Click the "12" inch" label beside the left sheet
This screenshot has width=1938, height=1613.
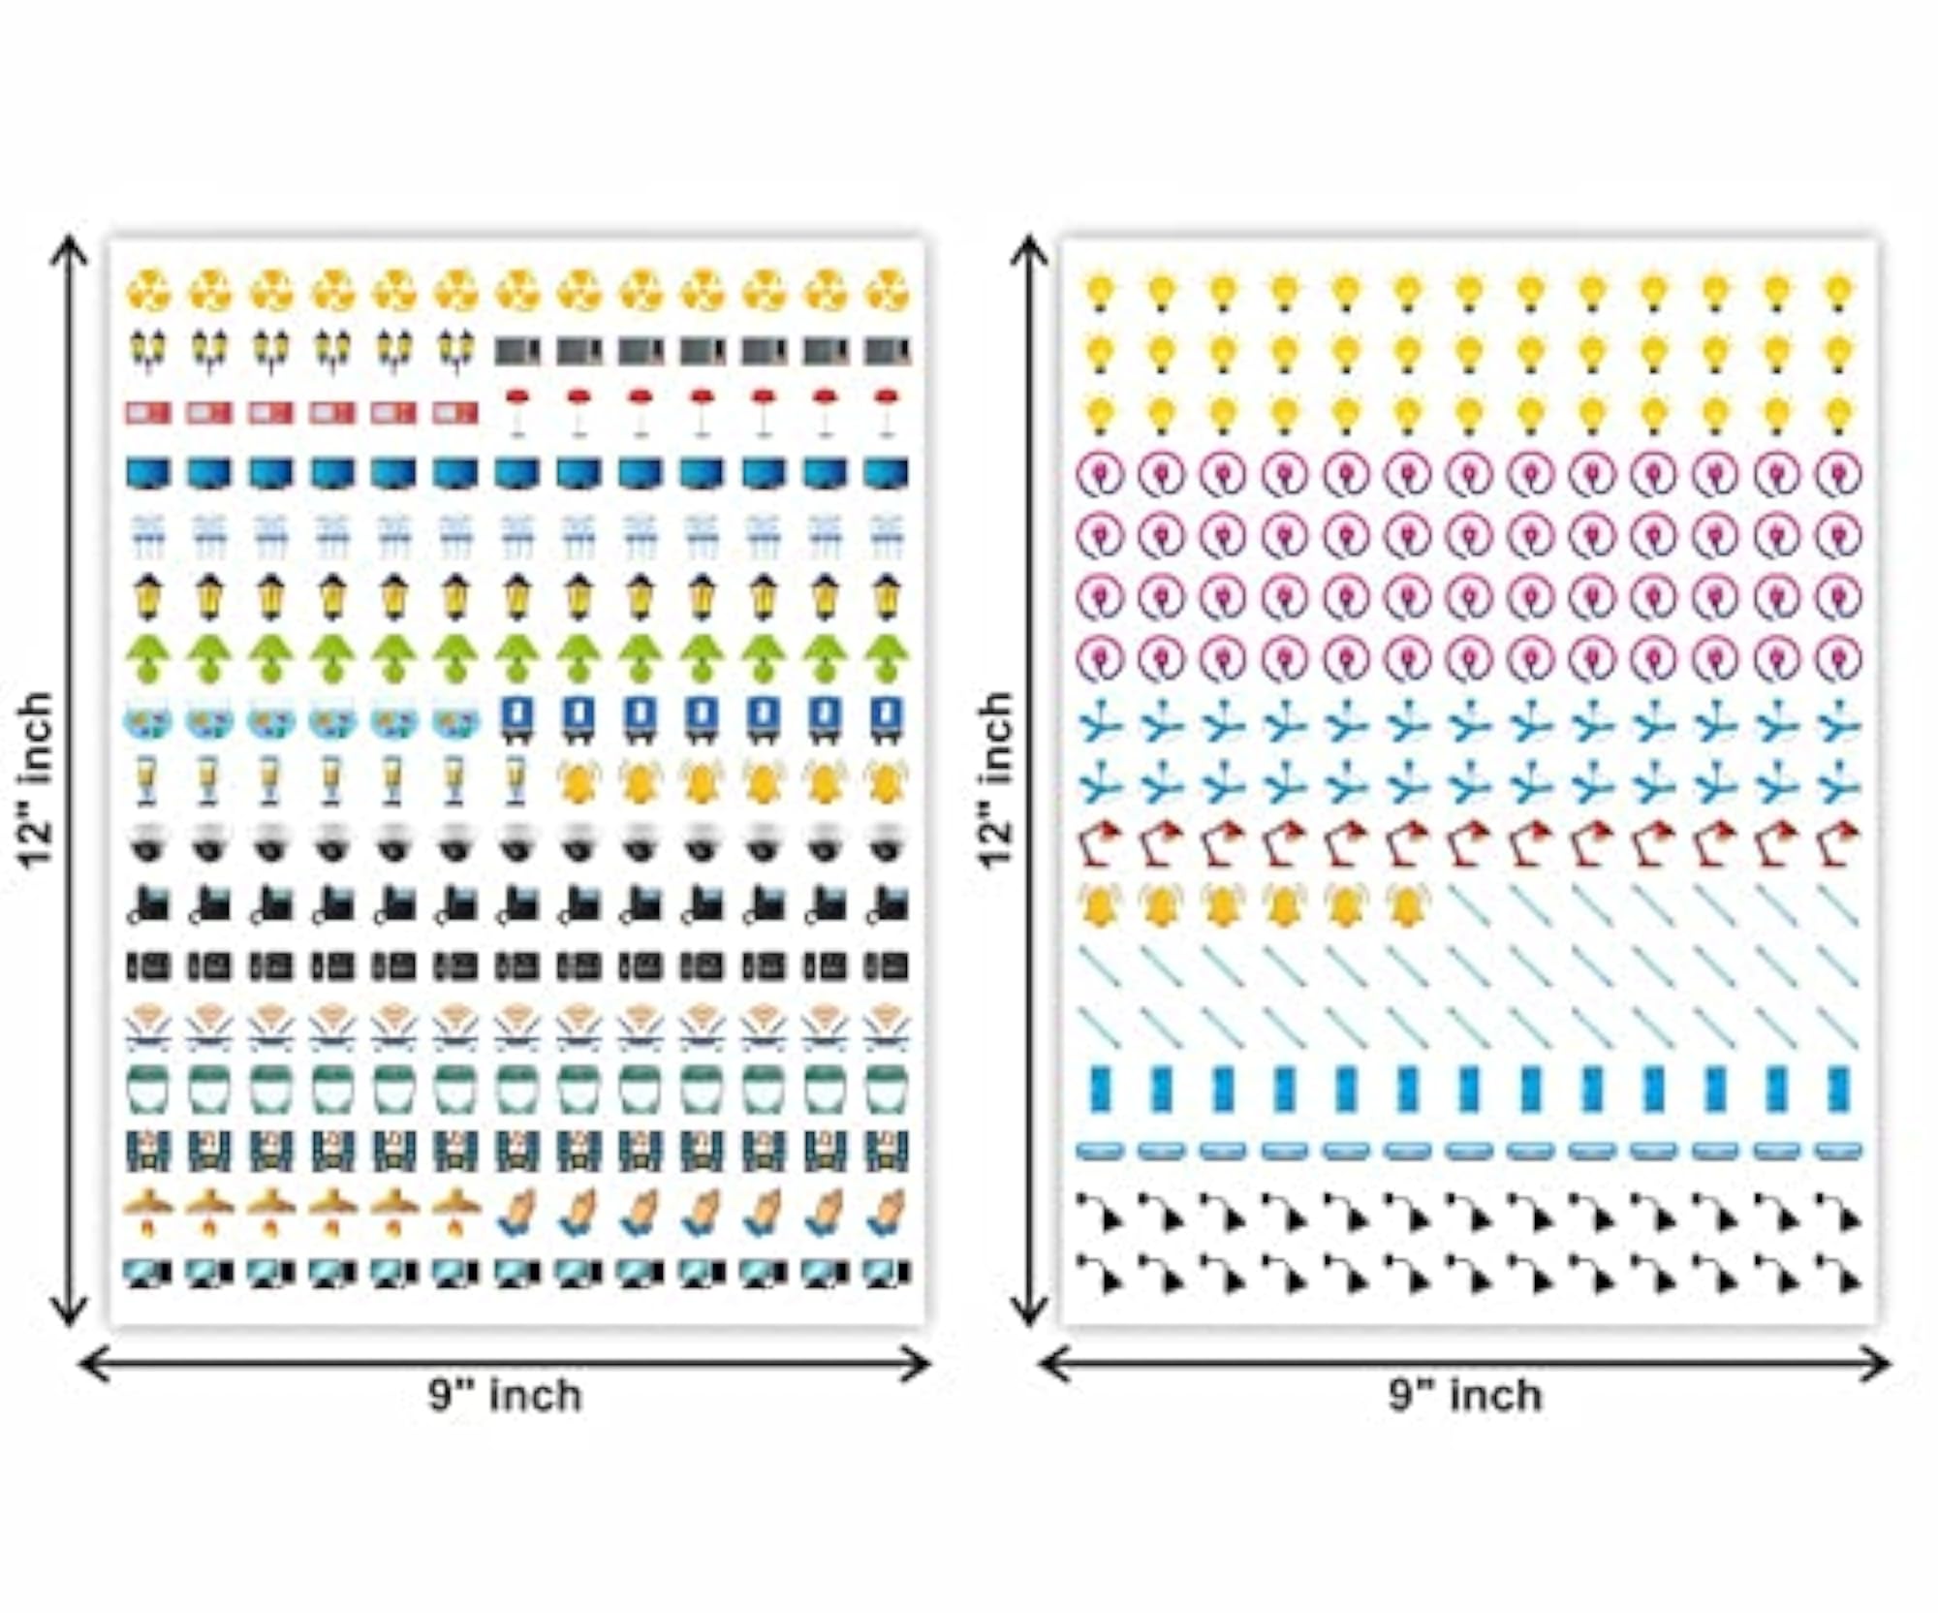tap(36, 781)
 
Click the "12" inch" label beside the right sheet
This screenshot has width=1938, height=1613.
tap(995, 781)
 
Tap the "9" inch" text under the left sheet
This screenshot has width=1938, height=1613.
tap(506, 1396)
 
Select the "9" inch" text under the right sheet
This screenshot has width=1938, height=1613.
tap(1465, 1396)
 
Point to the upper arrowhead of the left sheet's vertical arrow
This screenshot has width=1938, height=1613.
tap(69, 248)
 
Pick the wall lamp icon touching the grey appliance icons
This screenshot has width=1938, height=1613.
tap(455, 350)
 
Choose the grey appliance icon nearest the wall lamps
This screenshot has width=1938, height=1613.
tap(516, 351)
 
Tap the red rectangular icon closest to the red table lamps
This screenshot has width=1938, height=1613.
tap(455, 414)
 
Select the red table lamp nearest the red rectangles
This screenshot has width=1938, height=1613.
tap(516, 411)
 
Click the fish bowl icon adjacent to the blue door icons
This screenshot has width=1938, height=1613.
tap(455, 721)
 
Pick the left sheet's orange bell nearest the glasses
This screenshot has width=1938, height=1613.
tap(578, 781)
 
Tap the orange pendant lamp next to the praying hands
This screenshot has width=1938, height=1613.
tap(455, 1212)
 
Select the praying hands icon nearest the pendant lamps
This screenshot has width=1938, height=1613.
tap(516, 1212)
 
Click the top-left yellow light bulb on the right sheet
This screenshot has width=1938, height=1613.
tap(1099, 292)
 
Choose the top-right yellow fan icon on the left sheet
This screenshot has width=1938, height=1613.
tap(887, 291)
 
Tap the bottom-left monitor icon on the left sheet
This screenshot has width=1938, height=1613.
tap(147, 1273)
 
